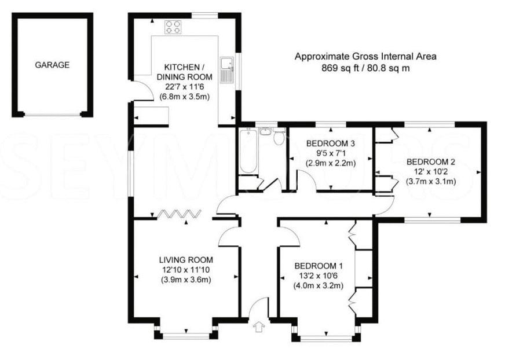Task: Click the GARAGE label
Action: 52,65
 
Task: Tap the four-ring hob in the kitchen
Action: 173,27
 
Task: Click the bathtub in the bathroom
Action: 248,150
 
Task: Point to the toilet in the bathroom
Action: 279,136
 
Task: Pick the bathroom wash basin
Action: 265,132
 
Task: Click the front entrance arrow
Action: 259,327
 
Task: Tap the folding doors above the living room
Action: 179,214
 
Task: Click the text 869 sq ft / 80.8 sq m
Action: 365,68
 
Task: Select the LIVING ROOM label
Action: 186,259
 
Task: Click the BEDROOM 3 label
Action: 331,144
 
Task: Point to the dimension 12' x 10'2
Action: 431,171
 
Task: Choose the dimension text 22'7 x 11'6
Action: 185,87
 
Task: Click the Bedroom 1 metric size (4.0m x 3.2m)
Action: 318,285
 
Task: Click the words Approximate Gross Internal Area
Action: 365,57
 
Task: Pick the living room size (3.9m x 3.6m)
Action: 186,280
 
